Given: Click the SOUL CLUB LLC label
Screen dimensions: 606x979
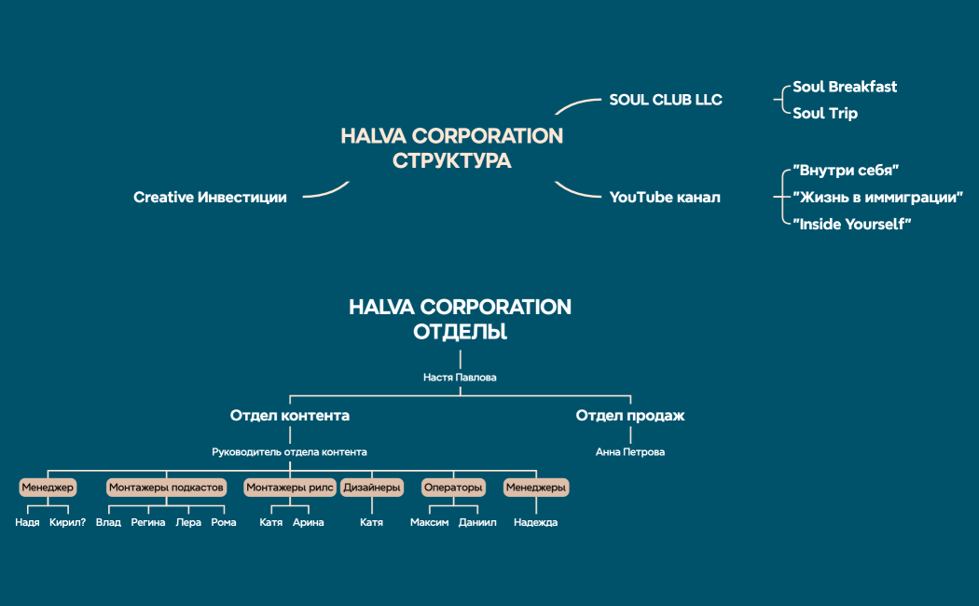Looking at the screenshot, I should (x=665, y=100).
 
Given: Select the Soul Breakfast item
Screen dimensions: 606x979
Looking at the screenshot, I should (x=845, y=87).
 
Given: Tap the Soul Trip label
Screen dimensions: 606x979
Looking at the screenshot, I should (x=825, y=114).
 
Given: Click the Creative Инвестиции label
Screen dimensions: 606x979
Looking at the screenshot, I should (x=210, y=198).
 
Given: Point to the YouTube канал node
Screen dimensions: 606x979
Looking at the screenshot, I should (x=665, y=198).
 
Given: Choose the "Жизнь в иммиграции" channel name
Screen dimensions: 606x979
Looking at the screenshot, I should (x=877, y=198).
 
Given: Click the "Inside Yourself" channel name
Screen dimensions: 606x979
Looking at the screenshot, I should (x=851, y=225).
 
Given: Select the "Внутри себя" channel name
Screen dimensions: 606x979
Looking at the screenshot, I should (x=845, y=171).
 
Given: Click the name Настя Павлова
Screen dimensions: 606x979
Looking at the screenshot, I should (x=461, y=378).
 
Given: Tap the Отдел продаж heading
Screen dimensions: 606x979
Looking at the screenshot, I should (x=630, y=416).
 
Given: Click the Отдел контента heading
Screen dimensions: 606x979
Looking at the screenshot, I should (x=290, y=416).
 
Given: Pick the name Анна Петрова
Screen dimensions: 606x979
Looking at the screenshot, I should (x=630, y=452).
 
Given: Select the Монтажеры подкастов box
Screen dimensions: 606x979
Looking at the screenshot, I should (x=166, y=488).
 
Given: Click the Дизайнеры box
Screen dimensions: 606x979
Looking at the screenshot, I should (x=372, y=488).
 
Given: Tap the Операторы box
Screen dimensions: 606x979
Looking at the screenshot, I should (x=453, y=488).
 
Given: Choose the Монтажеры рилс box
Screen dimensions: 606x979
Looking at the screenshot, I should (x=289, y=488).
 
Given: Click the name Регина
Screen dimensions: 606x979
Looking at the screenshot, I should (x=148, y=523).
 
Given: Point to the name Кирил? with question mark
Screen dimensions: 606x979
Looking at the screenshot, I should (x=67, y=523).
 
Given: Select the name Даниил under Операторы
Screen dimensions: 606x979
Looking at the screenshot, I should (x=477, y=523).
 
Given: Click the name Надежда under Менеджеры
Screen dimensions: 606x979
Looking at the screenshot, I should (x=535, y=523).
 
